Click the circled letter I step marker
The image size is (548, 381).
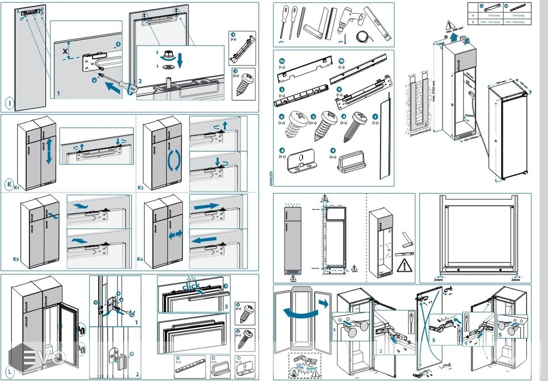pos(9,102)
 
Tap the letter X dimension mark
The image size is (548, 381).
pos(65,51)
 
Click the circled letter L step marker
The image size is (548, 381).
pos(9,372)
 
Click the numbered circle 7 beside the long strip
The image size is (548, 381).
pos(375,116)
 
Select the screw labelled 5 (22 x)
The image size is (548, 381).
pos(324,126)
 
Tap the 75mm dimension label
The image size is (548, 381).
pos(469,115)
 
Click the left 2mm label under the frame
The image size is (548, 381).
pos(438,279)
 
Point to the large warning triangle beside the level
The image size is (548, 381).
pos(403,265)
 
